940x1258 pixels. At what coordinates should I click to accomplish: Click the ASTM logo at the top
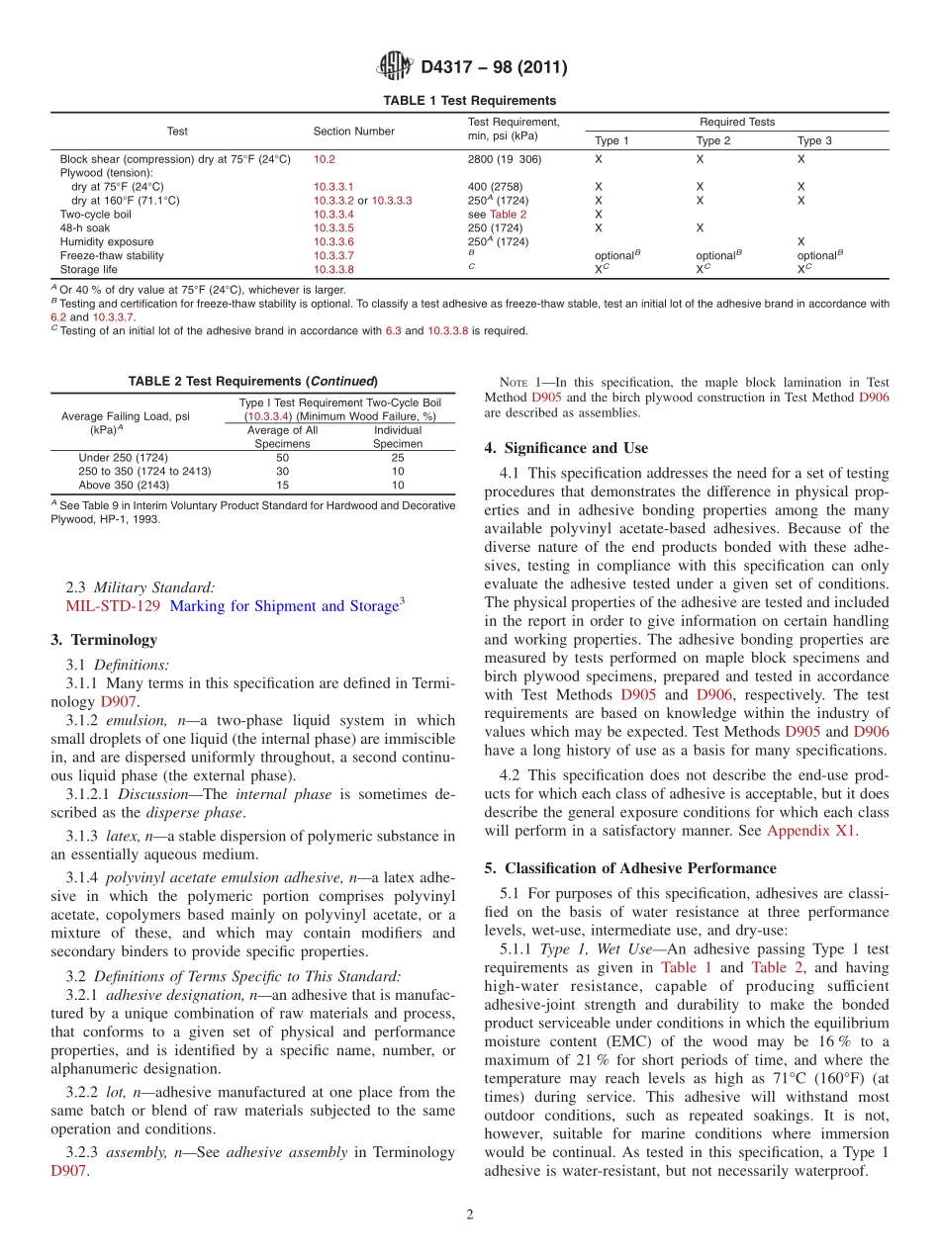tap(394, 67)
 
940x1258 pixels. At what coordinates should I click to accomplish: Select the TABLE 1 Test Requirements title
tap(469, 100)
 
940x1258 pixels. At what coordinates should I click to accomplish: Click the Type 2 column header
tap(712, 140)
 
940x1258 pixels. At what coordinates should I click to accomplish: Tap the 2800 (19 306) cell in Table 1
tap(504, 158)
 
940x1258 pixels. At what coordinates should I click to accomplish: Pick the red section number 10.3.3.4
tap(333, 214)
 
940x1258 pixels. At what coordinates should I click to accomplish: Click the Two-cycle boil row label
tap(95, 214)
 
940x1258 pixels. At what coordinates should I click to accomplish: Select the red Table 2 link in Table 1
tap(509, 214)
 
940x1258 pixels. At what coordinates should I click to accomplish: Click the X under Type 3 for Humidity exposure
tap(800, 241)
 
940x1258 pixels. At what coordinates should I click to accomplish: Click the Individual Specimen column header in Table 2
tap(397, 437)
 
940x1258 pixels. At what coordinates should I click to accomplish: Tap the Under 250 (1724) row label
tap(123, 458)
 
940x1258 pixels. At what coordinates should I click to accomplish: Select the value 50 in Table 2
tap(282, 458)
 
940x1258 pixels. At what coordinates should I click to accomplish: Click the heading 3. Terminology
tap(103, 640)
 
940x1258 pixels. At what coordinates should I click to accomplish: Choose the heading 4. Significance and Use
tap(566, 448)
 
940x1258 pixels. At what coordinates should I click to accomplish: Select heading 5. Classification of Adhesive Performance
tap(629, 868)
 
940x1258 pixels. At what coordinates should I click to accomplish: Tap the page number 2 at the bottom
tap(470, 1215)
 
